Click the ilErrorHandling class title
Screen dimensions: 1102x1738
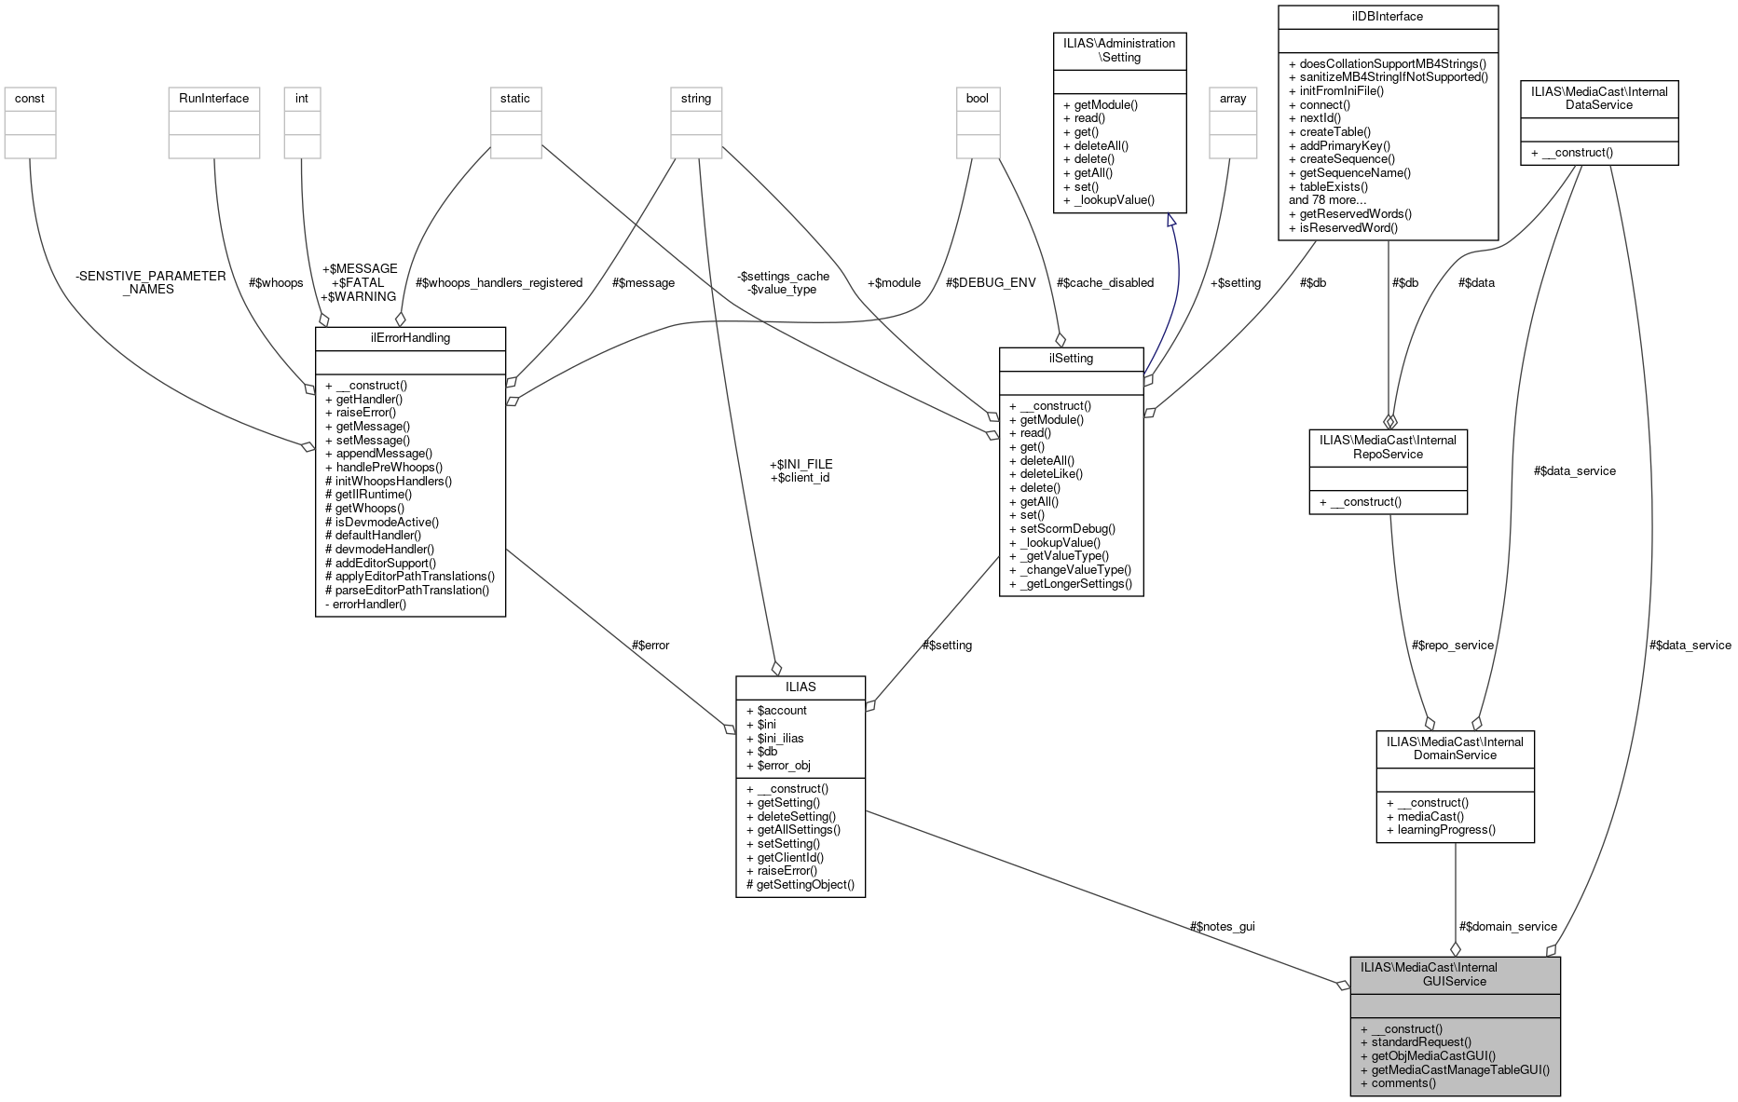pyautogui.click(x=410, y=338)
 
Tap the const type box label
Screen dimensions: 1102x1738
pyautogui.click(x=30, y=98)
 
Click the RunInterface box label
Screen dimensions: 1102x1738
pyautogui.click(x=213, y=98)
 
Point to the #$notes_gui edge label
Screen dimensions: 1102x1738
pyautogui.click(x=1222, y=926)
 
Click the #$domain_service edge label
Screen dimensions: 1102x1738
pyautogui.click(x=1508, y=926)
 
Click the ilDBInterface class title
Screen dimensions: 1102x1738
pyautogui.click(x=1388, y=17)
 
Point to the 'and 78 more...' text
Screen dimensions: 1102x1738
pyautogui.click(x=1327, y=199)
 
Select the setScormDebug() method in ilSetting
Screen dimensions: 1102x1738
pyautogui.click(x=1061, y=528)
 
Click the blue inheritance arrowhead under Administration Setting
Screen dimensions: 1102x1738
pyautogui.click(x=1171, y=221)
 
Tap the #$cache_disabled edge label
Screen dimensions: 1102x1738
pyautogui.click(x=1104, y=282)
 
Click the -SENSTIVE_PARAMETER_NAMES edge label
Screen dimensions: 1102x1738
pyautogui.click(x=151, y=282)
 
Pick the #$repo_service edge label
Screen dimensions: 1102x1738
pyautogui.click(x=1452, y=645)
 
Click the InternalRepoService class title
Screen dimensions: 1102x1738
pyautogui.click(x=1388, y=447)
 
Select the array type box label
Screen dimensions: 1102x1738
pyautogui.click(x=1232, y=98)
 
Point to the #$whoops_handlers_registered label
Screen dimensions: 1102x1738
pyautogui.click(x=499, y=282)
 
